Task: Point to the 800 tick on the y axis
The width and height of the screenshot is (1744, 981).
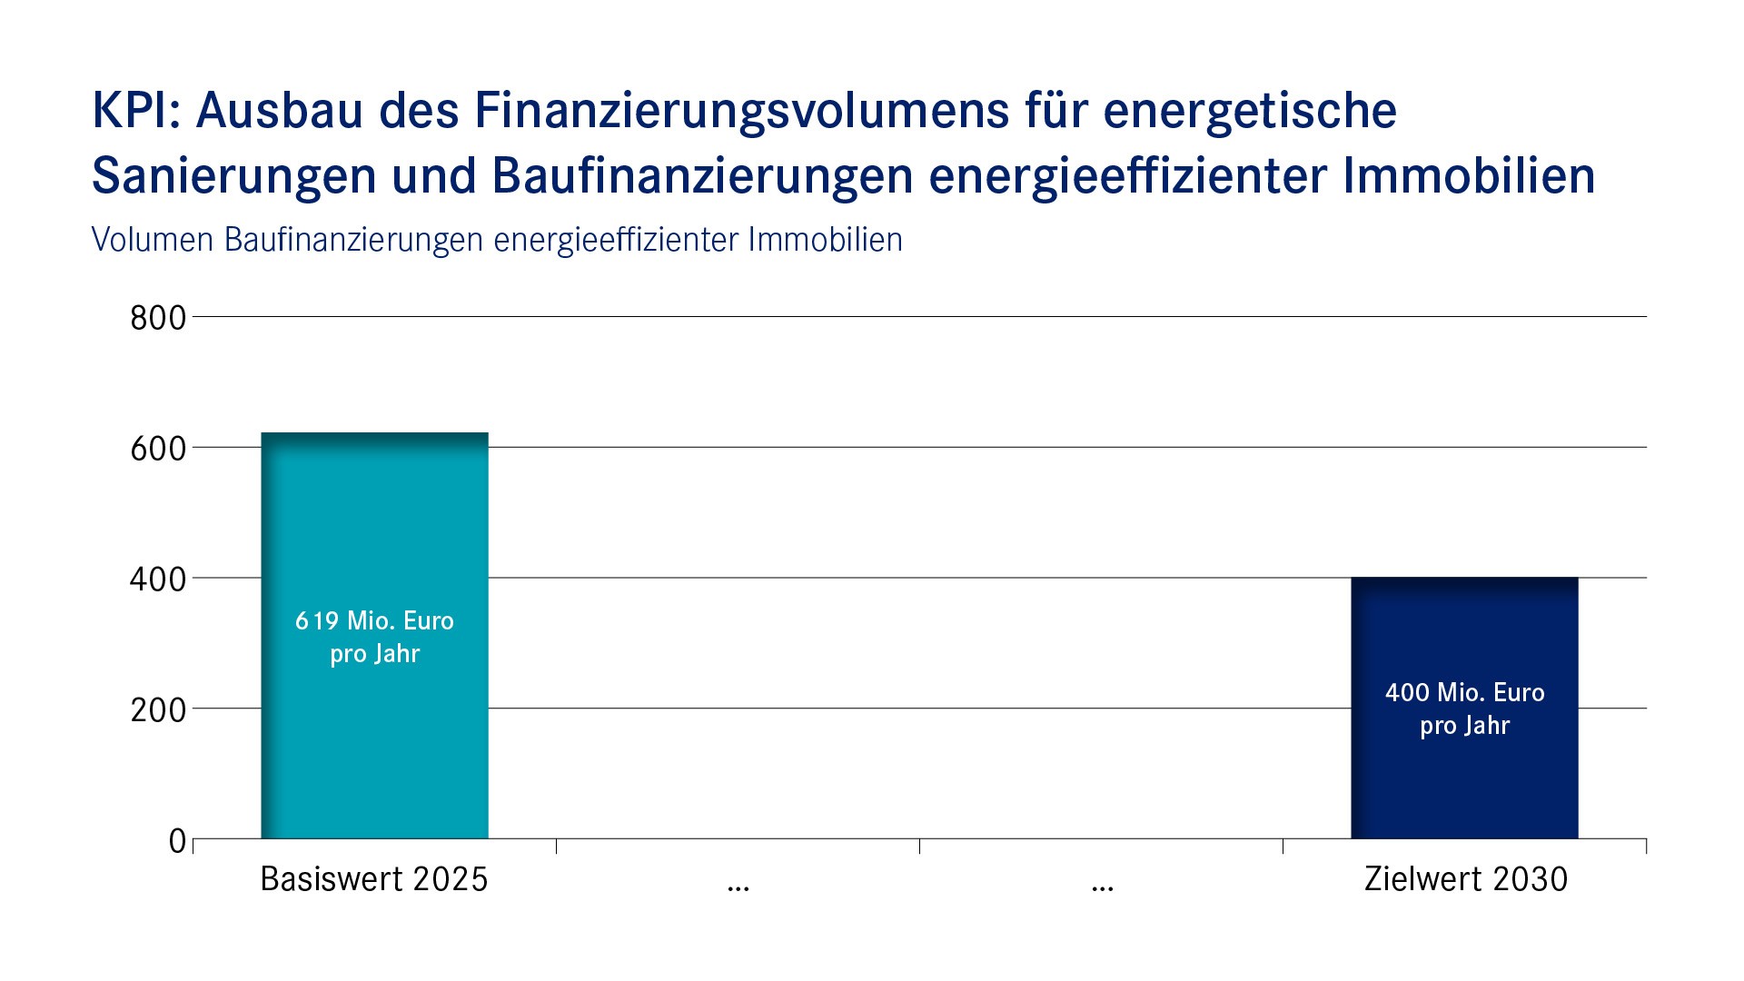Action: (x=158, y=318)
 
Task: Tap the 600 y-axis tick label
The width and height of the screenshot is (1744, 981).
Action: (x=158, y=449)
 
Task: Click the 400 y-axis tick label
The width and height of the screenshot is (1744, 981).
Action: (x=158, y=580)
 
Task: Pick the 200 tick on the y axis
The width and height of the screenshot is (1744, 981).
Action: (x=158, y=709)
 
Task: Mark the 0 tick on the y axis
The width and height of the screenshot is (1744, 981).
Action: (x=177, y=841)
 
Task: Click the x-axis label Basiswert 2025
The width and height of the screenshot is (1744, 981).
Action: (x=374, y=879)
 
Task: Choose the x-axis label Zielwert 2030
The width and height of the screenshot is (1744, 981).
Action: (x=1465, y=879)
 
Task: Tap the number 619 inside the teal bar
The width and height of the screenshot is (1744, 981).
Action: (x=316, y=621)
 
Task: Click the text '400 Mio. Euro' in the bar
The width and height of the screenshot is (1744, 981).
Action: (x=1464, y=693)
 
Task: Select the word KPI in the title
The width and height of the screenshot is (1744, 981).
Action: (x=134, y=111)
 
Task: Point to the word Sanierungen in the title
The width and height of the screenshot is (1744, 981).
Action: (x=234, y=176)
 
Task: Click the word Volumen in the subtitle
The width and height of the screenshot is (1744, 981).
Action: (x=152, y=240)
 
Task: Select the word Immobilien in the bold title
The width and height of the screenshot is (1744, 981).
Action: (x=1468, y=176)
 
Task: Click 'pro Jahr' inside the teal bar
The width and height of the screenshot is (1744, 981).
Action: (x=374, y=654)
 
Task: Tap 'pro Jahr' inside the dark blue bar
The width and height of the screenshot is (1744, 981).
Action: (x=1464, y=726)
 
